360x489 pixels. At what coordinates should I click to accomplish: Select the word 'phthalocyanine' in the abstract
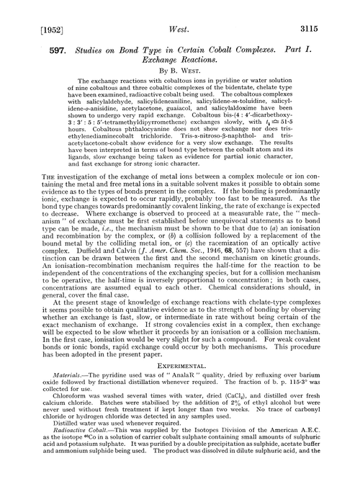click(125, 144)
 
